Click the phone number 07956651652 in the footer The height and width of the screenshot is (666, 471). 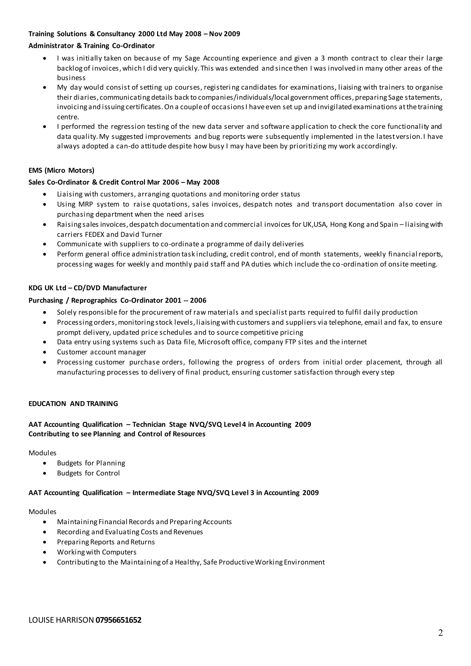tap(118, 620)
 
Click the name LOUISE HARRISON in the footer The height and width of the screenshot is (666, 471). tap(61, 620)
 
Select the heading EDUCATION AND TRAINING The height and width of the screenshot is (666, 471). tap(73, 404)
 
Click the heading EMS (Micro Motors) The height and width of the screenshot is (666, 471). tap(61, 170)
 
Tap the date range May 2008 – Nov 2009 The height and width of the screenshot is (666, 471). tap(204, 34)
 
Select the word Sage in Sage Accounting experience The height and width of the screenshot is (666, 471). tap(192, 58)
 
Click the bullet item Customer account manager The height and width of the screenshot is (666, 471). tap(101, 352)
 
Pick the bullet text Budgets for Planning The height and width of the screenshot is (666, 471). tap(91, 463)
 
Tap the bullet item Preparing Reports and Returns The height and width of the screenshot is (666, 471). tap(106, 542)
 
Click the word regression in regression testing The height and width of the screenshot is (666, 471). tap(128, 126)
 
